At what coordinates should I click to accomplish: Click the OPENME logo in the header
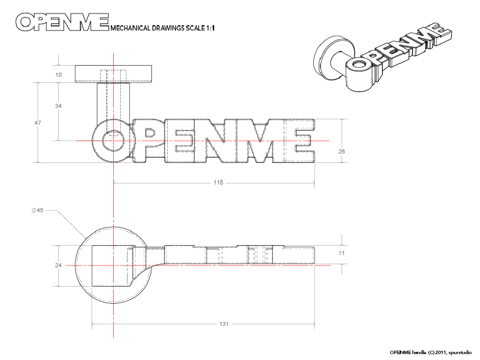(61, 22)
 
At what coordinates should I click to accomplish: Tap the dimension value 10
(59, 74)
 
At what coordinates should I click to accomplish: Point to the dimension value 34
(59, 106)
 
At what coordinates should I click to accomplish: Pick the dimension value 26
(342, 151)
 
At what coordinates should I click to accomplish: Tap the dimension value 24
(59, 266)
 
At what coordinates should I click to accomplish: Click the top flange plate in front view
(115, 74)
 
